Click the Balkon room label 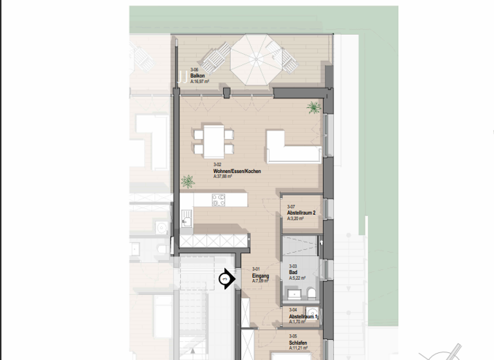tap(197, 76)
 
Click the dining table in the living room tap(213, 139)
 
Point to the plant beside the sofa tap(313, 106)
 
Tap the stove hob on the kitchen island tap(218, 201)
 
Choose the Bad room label tap(293, 272)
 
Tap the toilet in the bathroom tap(311, 294)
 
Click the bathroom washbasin tap(295, 294)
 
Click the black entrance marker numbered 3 tap(225, 279)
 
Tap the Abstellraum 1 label tap(303, 316)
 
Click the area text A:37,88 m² tap(223, 176)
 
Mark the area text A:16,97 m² tap(201, 82)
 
